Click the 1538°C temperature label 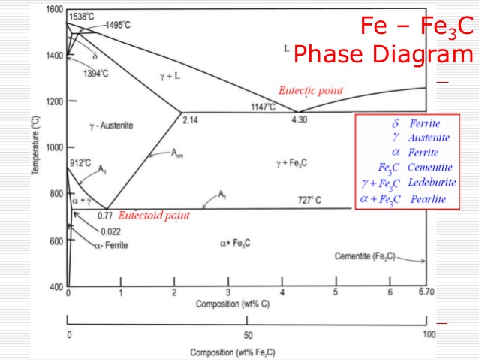pyautogui.click(x=82, y=17)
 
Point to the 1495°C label pyautogui.click(x=118, y=25)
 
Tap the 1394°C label pyautogui.click(x=95, y=74)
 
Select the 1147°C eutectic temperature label pyautogui.click(x=263, y=107)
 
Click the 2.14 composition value pyautogui.click(x=190, y=120)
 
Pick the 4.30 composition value pyautogui.click(x=300, y=119)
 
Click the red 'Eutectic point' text pyautogui.click(x=311, y=90)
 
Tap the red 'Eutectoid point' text pyautogui.click(x=154, y=216)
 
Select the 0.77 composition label pyautogui.click(x=105, y=216)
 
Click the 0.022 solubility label pyautogui.click(x=110, y=231)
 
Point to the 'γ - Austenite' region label pyautogui.click(x=112, y=126)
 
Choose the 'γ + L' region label pyautogui.click(x=170, y=76)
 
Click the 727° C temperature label pyautogui.click(x=309, y=201)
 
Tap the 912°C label pyautogui.click(x=80, y=163)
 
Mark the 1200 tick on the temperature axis pyautogui.click(x=55, y=101)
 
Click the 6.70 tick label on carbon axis pyautogui.click(x=426, y=292)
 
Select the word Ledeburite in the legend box pyautogui.click(x=432, y=183)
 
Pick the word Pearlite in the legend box pyautogui.click(x=428, y=199)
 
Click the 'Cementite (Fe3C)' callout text pyautogui.click(x=365, y=256)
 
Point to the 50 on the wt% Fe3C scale pyautogui.click(x=248, y=335)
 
